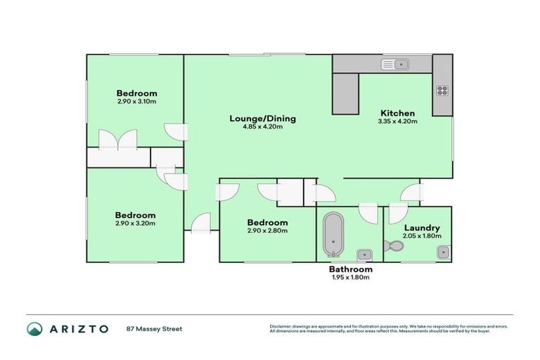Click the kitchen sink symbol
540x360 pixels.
(395, 65)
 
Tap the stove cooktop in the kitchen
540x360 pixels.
(442, 89)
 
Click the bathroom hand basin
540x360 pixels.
(364, 254)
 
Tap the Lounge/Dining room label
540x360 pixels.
(262, 118)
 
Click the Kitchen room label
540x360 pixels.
(397, 112)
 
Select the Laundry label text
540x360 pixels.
(422, 228)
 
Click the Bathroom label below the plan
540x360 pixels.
(350, 269)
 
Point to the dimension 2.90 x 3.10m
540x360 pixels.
(136, 101)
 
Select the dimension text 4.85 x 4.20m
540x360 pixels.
(262, 127)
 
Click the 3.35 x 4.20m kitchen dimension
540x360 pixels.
(397, 122)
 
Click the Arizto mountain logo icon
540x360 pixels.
(34, 328)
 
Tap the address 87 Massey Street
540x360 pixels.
(154, 328)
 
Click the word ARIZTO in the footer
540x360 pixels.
(79, 328)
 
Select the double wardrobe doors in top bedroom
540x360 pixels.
(117, 139)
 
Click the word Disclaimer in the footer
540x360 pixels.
(281, 326)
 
